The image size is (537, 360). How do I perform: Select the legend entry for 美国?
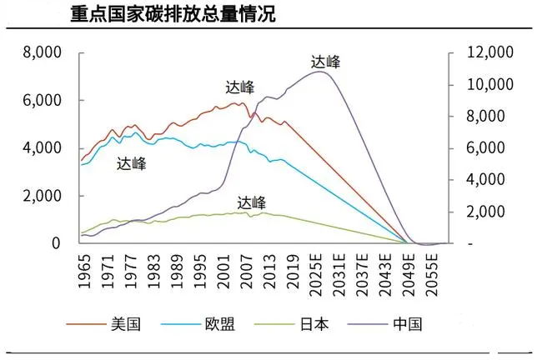coord(124,324)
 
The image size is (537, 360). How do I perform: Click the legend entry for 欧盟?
coord(222,324)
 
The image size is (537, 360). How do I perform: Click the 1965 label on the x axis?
coord(83,272)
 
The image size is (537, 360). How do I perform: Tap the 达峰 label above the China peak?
coord(325,61)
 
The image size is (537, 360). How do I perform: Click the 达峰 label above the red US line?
coord(240,87)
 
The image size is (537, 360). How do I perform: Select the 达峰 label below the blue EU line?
coord(132,163)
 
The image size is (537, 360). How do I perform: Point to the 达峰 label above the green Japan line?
coord(251,202)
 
